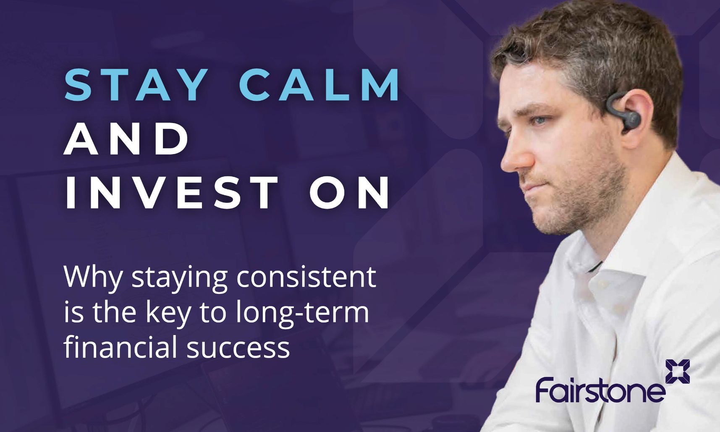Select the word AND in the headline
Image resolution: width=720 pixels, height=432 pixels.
126,139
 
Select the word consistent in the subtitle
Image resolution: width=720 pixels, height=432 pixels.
306,277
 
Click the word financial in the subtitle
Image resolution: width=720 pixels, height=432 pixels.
120,347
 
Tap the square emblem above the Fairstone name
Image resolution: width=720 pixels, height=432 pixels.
678,372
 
